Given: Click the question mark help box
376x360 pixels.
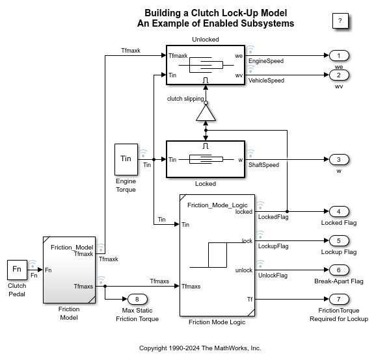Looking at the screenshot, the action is (x=340, y=21).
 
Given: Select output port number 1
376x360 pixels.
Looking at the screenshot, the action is (x=339, y=56).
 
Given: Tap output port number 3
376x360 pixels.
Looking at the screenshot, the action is (x=339, y=159).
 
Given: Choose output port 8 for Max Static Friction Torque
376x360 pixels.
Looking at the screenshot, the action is (x=137, y=299).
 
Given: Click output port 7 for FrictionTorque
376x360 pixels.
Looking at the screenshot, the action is (x=339, y=299).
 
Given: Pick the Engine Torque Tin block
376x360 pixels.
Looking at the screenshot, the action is (x=126, y=159).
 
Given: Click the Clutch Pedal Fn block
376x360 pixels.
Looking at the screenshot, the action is (x=17, y=270).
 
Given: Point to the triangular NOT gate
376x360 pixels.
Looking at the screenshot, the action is (x=206, y=112).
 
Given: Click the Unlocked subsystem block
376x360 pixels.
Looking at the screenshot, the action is (x=206, y=65).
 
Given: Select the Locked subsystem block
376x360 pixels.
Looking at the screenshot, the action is (x=206, y=159).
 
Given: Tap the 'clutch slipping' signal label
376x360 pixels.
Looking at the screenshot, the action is (x=185, y=99).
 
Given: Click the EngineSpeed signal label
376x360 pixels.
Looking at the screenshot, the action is (x=266, y=61).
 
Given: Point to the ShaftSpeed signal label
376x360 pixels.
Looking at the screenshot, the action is (x=263, y=165).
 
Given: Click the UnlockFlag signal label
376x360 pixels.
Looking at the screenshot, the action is (x=273, y=276).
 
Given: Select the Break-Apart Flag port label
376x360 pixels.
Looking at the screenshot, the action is (x=339, y=281).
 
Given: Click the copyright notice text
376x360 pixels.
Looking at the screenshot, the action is (x=200, y=348).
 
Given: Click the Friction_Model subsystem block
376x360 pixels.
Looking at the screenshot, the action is (x=70, y=270).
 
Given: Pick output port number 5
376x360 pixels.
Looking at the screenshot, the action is (x=339, y=240).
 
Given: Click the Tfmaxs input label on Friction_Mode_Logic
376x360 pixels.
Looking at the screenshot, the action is (x=191, y=286).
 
